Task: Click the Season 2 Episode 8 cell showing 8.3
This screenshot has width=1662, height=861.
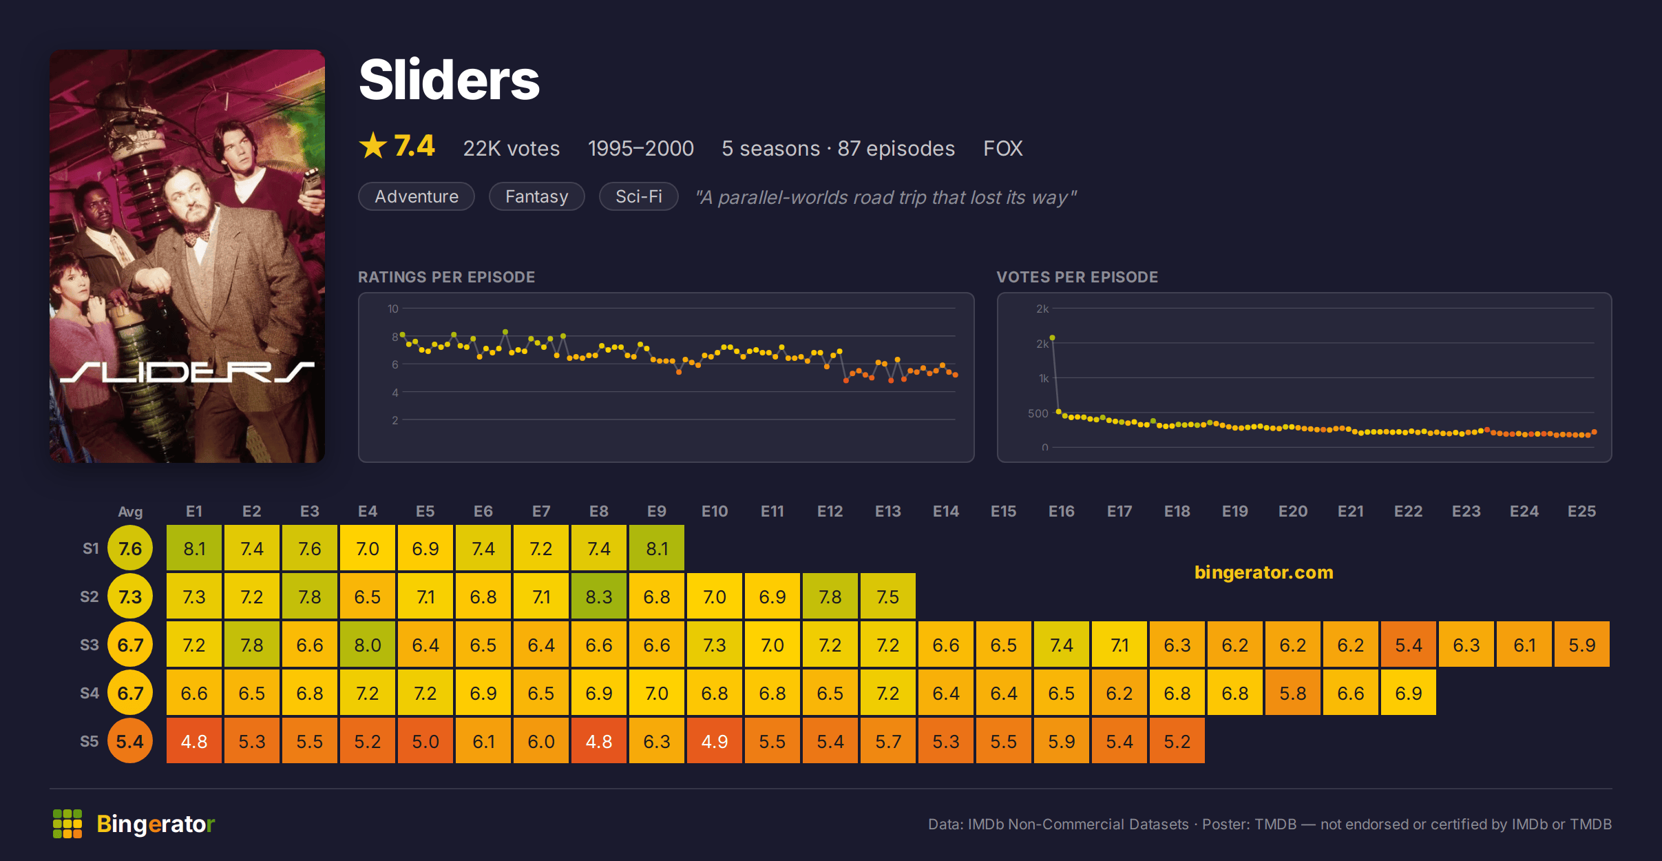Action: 599,596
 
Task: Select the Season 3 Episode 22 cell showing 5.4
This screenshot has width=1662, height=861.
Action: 1409,644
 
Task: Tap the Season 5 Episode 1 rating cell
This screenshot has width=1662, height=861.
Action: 194,740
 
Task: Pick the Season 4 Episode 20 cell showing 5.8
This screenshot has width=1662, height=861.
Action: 1293,692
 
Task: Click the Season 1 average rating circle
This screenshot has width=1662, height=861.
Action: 130,548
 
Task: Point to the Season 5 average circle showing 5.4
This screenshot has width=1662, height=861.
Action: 130,740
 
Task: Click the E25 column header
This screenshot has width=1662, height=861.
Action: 1581,511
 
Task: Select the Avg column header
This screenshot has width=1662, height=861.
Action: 130,512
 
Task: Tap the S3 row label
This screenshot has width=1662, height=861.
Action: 90,645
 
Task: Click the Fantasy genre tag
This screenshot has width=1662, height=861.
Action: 537,196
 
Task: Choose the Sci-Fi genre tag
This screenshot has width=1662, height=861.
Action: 639,196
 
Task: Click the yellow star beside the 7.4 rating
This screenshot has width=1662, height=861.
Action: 373,145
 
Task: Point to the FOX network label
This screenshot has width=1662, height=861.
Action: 1003,148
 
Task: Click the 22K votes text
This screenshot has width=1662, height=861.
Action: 512,148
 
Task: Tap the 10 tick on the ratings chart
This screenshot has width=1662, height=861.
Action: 393,309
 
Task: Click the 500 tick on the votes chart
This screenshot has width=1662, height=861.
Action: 1038,413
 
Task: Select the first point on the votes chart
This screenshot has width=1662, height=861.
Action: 1053,338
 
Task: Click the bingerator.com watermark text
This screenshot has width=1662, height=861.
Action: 1264,572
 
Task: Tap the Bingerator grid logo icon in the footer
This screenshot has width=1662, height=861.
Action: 67,824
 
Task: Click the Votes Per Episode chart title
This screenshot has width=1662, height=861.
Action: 1077,277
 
